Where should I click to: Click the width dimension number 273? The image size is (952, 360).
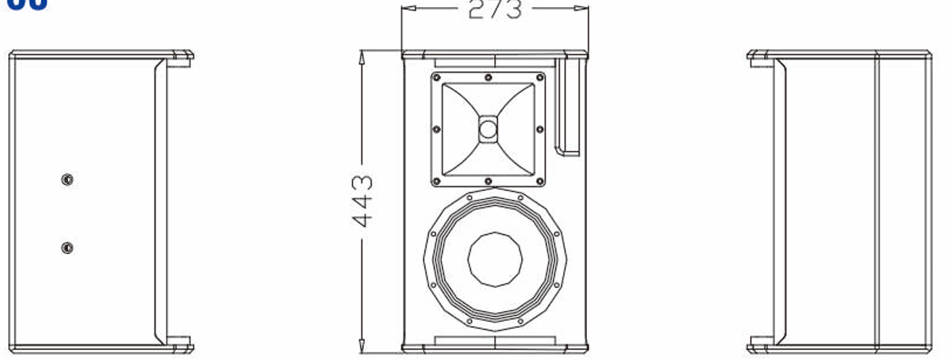pyautogui.click(x=494, y=9)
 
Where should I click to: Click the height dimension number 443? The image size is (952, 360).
pyautogui.click(x=363, y=201)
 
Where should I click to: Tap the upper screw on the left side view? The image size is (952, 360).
pyautogui.click(x=67, y=179)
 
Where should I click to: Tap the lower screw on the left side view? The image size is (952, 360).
pyautogui.click(x=67, y=248)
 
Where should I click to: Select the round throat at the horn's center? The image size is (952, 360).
pyautogui.click(x=488, y=130)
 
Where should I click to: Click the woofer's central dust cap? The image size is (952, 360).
pyautogui.click(x=495, y=259)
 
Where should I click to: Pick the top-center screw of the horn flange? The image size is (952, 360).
pyautogui.click(x=488, y=77)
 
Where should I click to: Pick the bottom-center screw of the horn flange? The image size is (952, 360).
pyautogui.click(x=488, y=181)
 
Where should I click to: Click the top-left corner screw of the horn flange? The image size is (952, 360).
pyautogui.click(x=437, y=77)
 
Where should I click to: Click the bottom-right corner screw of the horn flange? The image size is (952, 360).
pyautogui.click(x=539, y=181)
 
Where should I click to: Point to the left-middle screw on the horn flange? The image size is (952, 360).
pyautogui.click(x=436, y=129)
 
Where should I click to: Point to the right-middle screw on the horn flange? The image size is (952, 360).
pyautogui.click(x=540, y=129)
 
